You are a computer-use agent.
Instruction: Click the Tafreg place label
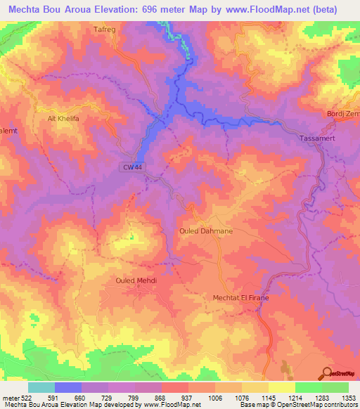tap(104, 30)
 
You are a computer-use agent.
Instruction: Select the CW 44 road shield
tap(131, 167)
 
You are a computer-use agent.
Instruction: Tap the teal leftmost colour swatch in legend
tap(41, 388)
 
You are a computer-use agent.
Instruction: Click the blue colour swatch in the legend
tap(68, 388)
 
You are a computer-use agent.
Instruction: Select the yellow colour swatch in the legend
tap(282, 388)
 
